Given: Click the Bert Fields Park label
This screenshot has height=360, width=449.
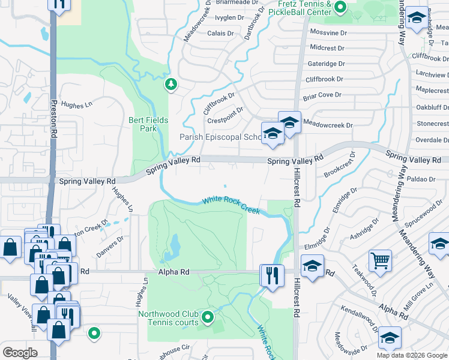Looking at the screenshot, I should pos(148,124).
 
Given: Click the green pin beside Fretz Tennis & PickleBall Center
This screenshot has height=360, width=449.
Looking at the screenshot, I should pos(340,8).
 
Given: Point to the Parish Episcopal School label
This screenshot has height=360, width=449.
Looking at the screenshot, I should pos(221,137).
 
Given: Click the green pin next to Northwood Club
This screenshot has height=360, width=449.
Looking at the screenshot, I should pos(208,317).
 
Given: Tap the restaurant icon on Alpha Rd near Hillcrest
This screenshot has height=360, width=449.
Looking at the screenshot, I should pos(271,276).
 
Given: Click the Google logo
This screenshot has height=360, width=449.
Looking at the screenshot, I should pos(20,353).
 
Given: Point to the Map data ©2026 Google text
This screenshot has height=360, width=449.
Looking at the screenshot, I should pos(411,355).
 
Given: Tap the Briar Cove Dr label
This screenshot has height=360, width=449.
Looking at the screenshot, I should pos(322,95).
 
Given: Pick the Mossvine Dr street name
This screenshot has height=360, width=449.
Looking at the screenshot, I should pos(329,32).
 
